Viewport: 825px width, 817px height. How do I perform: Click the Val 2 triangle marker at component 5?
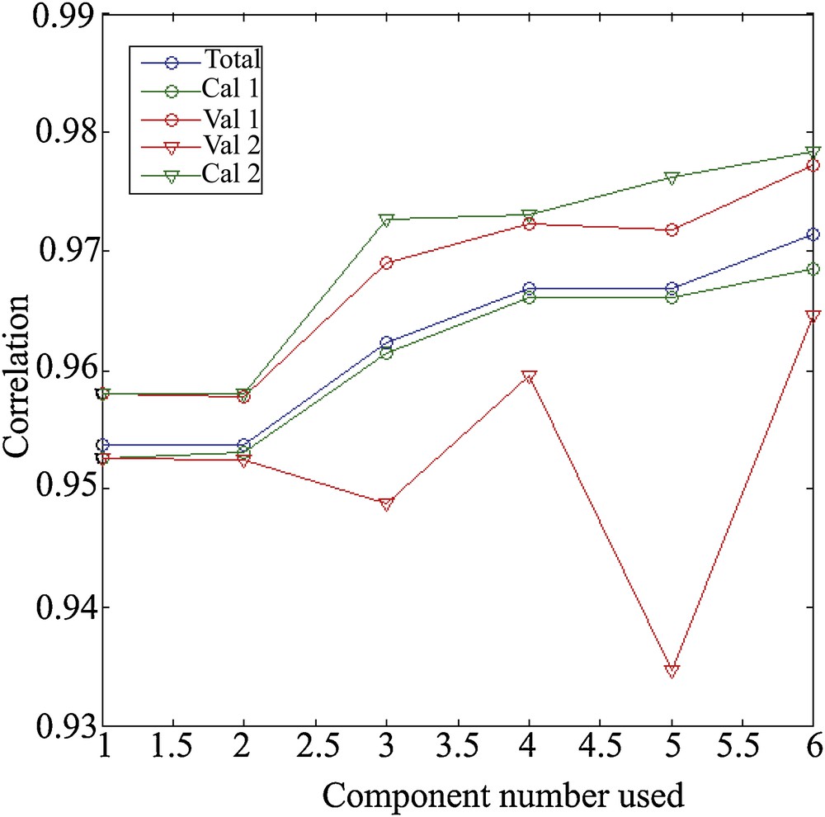click(672, 670)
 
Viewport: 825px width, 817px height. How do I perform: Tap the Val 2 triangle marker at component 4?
click(529, 377)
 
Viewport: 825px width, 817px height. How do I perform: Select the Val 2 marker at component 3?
click(386, 503)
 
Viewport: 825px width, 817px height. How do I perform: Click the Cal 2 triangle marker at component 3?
click(386, 220)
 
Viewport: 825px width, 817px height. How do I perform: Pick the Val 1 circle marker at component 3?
click(386, 263)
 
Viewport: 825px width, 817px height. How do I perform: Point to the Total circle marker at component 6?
click(813, 235)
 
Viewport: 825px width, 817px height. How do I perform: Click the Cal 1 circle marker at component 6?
click(813, 269)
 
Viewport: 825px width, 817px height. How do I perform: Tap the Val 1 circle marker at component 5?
click(672, 229)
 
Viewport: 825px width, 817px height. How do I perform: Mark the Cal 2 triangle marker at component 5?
click(672, 177)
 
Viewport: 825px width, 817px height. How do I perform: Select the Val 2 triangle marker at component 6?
click(813, 316)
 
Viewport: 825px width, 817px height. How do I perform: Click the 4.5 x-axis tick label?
click(600, 753)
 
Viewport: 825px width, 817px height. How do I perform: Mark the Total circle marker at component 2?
click(244, 446)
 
